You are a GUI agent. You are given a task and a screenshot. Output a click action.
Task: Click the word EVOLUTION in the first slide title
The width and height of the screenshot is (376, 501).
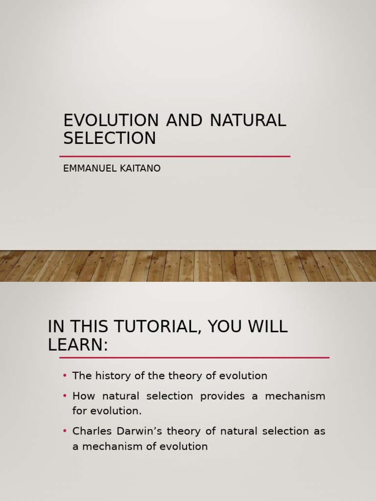tap(111, 120)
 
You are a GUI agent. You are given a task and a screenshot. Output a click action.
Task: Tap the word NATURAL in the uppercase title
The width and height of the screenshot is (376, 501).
tap(248, 120)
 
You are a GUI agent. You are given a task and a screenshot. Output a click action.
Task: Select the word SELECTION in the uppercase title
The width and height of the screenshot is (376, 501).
tap(110, 138)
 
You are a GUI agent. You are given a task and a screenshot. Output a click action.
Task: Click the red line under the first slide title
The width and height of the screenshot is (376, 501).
tap(175, 157)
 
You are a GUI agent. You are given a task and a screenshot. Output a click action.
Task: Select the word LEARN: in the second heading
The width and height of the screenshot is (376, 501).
tap(77, 345)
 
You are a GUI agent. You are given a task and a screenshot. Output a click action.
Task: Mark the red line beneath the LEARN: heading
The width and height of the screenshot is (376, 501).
tap(194, 358)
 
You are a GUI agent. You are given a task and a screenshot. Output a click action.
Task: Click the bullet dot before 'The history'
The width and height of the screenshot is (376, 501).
tap(65, 376)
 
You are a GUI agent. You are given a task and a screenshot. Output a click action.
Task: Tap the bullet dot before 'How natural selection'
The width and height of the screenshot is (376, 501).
tap(65, 395)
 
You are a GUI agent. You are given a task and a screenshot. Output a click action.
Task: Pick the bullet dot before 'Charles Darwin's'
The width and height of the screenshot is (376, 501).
tap(65, 431)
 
